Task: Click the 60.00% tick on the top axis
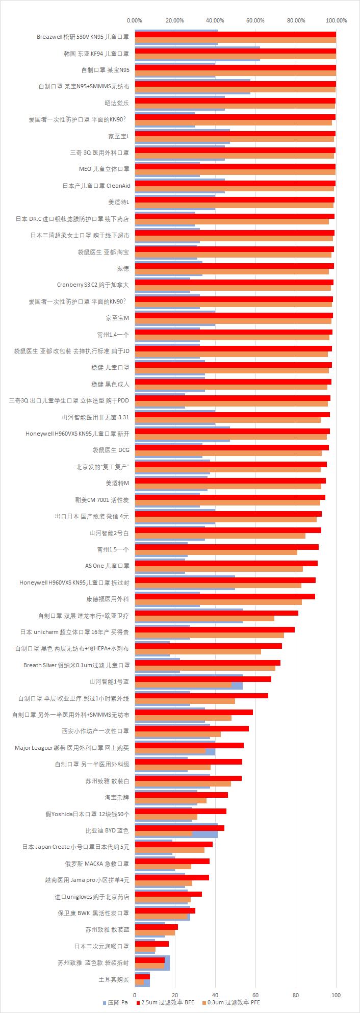[x=255, y=20]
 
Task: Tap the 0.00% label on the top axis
[x=135, y=20]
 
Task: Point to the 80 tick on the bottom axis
[x=296, y=994]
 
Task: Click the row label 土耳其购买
[x=114, y=979]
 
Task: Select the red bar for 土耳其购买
[x=142, y=976]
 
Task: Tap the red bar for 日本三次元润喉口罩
[x=151, y=944]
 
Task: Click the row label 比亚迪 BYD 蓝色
[x=107, y=830]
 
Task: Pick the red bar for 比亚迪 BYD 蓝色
[x=179, y=827]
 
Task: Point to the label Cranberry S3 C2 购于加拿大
[x=93, y=285]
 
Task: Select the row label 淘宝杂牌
[x=117, y=797]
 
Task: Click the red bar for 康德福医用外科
[x=225, y=596]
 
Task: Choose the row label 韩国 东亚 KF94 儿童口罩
[x=96, y=53]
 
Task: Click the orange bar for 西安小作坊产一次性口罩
[x=177, y=733]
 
